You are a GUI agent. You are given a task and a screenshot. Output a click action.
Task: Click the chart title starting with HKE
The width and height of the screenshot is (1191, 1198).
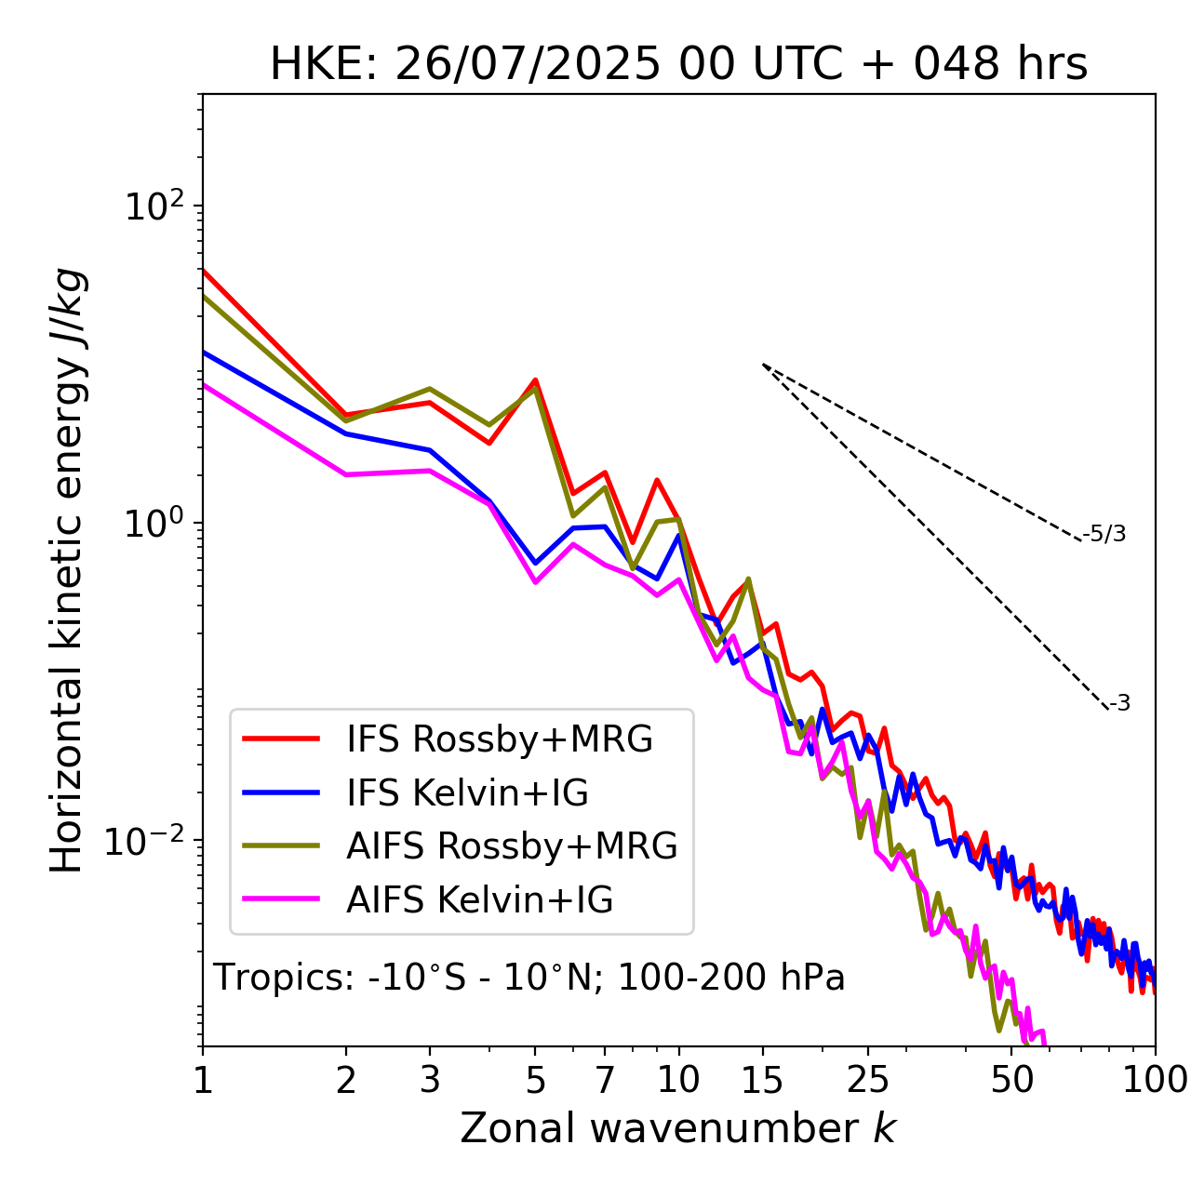click(678, 65)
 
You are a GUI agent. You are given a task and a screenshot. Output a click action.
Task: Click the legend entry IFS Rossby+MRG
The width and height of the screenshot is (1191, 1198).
click(499, 739)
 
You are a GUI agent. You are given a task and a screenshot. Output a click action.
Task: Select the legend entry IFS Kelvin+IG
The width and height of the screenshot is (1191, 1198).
click(467, 793)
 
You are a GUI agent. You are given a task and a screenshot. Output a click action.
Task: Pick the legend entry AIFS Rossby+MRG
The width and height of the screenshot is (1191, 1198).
click(512, 846)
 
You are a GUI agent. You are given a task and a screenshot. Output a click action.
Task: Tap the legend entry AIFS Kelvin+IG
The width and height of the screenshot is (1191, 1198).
click(479, 900)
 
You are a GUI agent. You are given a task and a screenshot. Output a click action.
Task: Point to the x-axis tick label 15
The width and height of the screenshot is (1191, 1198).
click(762, 1080)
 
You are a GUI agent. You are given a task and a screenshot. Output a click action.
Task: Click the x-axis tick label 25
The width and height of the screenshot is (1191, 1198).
click(868, 1080)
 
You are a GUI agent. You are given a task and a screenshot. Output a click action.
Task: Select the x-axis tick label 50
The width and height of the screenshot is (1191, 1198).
click(1012, 1080)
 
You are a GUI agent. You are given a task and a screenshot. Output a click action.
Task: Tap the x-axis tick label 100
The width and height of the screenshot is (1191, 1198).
click(1155, 1080)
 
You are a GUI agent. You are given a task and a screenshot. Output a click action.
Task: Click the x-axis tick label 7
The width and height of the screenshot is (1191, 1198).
click(605, 1080)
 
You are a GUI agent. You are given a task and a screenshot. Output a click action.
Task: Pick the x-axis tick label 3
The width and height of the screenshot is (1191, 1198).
click(429, 1080)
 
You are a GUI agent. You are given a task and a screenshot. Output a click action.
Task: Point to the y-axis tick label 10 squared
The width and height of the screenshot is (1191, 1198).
click(153, 206)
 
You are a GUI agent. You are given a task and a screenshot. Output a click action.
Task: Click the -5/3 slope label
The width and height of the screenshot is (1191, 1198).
click(1104, 534)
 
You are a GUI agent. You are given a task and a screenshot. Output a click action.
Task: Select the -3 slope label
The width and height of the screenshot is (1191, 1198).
click(1120, 704)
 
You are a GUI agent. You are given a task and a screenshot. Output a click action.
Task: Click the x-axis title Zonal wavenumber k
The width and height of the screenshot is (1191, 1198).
click(678, 1128)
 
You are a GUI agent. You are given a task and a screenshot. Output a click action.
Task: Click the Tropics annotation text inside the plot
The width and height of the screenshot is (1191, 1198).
click(529, 978)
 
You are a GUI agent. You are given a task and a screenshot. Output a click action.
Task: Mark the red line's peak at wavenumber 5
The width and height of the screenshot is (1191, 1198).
click(535, 379)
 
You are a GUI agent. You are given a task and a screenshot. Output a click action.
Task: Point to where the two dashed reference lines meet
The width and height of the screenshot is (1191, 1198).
click(762, 364)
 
